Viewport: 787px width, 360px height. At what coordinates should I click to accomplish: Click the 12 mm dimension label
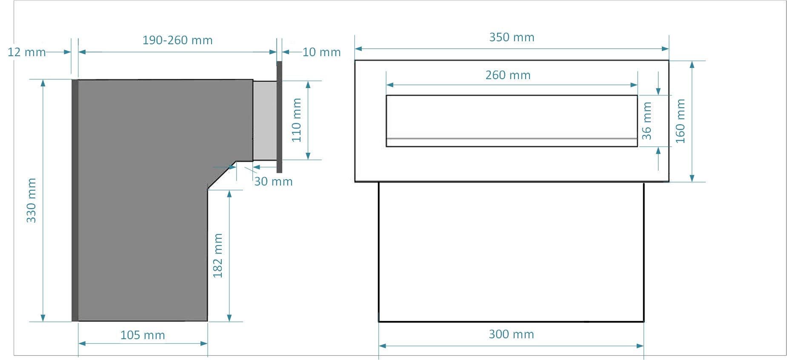(26, 52)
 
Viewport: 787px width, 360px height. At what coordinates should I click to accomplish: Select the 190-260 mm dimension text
(177, 40)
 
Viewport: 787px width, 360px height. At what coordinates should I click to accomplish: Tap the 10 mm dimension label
(321, 52)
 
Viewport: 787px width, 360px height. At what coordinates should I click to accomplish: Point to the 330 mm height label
(31, 200)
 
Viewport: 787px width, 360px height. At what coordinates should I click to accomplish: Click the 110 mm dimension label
(297, 120)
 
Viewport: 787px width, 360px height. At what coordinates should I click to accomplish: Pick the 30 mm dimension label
(273, 182)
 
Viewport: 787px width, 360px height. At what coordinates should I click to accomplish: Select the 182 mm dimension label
(218, 256)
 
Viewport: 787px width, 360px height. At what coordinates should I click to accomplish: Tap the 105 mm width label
(143, 335)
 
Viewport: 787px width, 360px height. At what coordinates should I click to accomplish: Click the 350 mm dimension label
(512, 37)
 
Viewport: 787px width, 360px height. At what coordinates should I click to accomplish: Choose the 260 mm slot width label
(508, 75)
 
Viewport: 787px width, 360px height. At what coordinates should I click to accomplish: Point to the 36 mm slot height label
(647, 121)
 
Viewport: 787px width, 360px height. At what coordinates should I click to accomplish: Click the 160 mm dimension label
(681, 121)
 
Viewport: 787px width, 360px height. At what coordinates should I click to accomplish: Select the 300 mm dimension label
(511, 334)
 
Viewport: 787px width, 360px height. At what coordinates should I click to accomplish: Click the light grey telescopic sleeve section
(265, 120)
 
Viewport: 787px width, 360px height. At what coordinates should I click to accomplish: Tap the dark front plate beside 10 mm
(279, 117)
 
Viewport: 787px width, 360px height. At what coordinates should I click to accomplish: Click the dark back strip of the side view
(75, 200)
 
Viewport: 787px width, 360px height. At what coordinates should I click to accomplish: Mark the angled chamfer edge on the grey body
(222, 174)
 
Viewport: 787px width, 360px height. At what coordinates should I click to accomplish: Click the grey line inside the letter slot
(512, 139)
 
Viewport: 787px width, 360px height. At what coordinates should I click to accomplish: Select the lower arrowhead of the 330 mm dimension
(43, 318)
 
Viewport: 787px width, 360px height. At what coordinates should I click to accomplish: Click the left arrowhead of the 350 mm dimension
(358, 49)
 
